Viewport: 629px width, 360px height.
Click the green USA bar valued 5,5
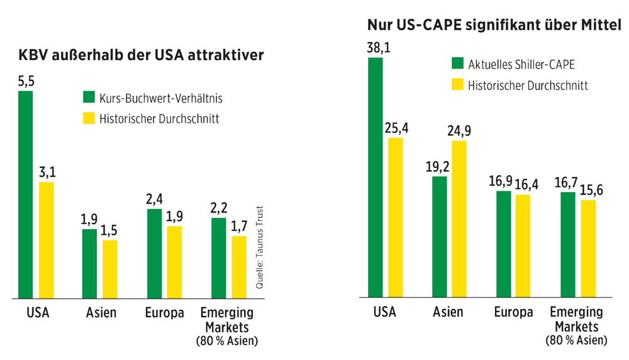click(x=25, y=194)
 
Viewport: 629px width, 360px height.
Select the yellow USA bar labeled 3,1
click(x=46, y=239)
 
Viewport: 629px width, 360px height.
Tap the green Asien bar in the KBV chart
click(x=89, y=263)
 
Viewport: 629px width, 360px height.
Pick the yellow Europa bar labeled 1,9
click(x=174, y=261)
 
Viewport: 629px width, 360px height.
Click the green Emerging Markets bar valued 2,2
click(x=218, y=257)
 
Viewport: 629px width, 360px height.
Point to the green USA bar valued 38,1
click(x=375, y=177)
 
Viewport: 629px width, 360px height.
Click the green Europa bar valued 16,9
click(x=503, y=244)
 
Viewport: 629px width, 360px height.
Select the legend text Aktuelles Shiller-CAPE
click(x=513, y=64)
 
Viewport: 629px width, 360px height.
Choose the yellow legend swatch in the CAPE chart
click(x=457, y=85)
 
